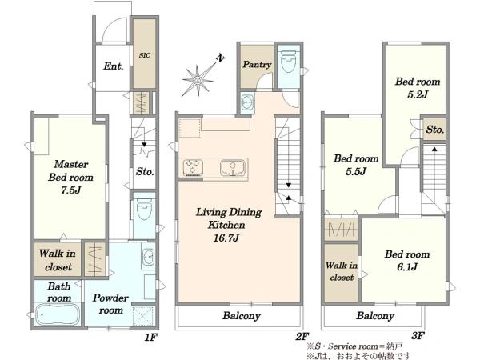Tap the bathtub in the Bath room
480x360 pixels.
coord(58,314)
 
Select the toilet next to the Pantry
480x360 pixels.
coord(288,62)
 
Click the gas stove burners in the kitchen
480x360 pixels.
coord(193,168)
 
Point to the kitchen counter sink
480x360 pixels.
coord(233,168)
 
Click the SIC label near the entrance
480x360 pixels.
coord(145,55)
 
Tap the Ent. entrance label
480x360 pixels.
coord(114,66)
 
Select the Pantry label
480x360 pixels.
coord(257,64)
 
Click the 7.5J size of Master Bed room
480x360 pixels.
coord(71,190)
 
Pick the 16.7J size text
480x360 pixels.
coord(226,238)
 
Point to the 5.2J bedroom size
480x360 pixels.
coord(418,94)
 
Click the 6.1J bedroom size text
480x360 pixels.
coord(407,267)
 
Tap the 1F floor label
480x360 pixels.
coord(150,337)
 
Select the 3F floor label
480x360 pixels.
coord(418,336)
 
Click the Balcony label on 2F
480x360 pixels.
coord(242,316)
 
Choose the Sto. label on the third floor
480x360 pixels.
coord(434,130)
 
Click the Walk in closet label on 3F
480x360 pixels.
coord(342,271)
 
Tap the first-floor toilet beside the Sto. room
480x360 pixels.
coord(144,209)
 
